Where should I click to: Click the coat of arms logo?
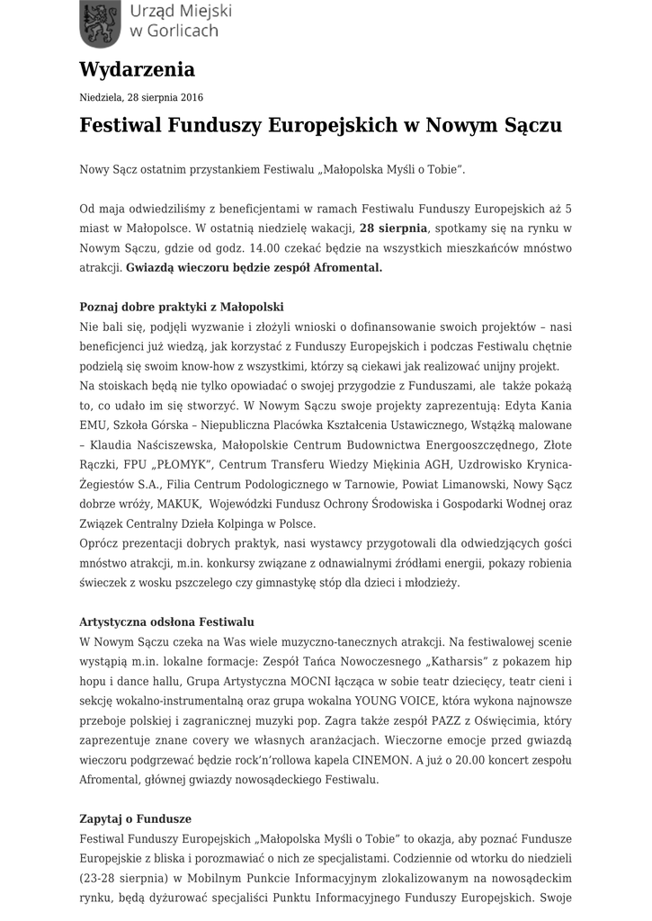click(99, 24)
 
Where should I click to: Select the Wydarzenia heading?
click(137, 69)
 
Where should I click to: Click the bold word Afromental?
click(346, 267)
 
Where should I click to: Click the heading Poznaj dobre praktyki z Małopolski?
click(182, 307)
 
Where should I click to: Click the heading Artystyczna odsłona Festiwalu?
click(167, 621)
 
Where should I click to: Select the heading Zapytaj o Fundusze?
click(136, 819)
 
